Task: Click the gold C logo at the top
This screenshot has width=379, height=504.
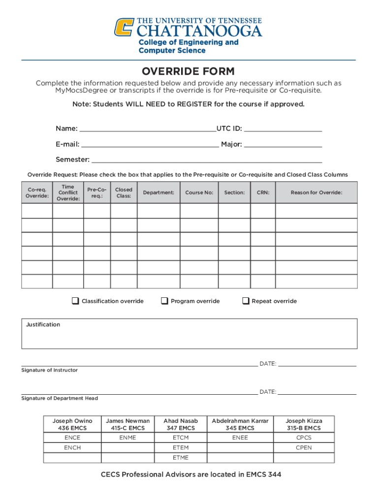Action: click(x=125, y=28)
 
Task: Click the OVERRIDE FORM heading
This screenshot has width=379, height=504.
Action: click(x=189, y=71)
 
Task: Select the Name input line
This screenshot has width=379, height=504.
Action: click(x=147, y=129)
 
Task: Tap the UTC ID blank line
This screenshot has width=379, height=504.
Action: click(x=283, y=129)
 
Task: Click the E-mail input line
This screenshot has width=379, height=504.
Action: click(x=150, y=144)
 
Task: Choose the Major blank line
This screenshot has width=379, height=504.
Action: click(x=283, y=144)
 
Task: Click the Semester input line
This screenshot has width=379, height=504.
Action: click(x=207, y=159)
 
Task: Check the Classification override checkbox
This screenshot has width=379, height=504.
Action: click(x=75, y=301)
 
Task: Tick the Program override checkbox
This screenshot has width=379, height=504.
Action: click(x=164, y=301)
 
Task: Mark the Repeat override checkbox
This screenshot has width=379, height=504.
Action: click(x=246, y=301)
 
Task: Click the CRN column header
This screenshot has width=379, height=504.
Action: click(x=263, y=192)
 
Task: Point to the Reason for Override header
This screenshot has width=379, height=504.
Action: click(x=316, y=192)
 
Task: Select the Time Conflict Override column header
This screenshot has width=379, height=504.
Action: click(x=68, y=193)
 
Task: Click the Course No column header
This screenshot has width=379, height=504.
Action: click(x=199, y=192)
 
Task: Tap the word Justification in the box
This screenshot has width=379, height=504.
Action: click(x=43, y=325)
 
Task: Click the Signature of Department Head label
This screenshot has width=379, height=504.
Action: click(x=60, y=398)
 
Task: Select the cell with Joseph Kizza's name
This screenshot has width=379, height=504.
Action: click(x=304, y=424)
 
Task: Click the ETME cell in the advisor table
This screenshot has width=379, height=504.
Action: click(x=181, y=458)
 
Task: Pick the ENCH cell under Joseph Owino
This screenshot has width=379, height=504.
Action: click(x=72, y=447)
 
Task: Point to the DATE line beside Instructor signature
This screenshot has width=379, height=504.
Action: click(x=317, y=364)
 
